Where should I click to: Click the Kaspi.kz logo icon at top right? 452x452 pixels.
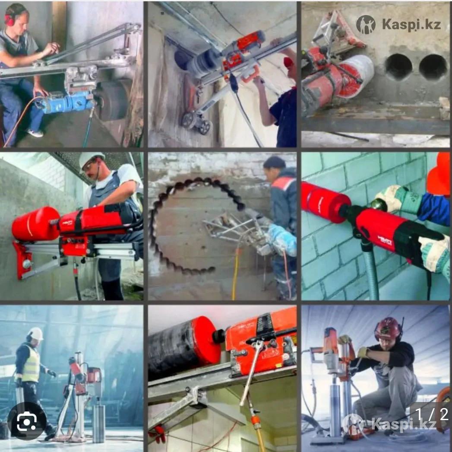pyautogui.click(x=366, y=24)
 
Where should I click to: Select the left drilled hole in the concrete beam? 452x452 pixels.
pyautogui.click(x=398, y=67)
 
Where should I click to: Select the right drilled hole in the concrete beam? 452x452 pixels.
pyautogui.click(x=433, y=67)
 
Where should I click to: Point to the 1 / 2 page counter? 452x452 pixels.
pyautogui.click(x=432, y=414)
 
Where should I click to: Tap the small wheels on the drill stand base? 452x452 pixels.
pyautogui.click(x=196, y=122)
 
